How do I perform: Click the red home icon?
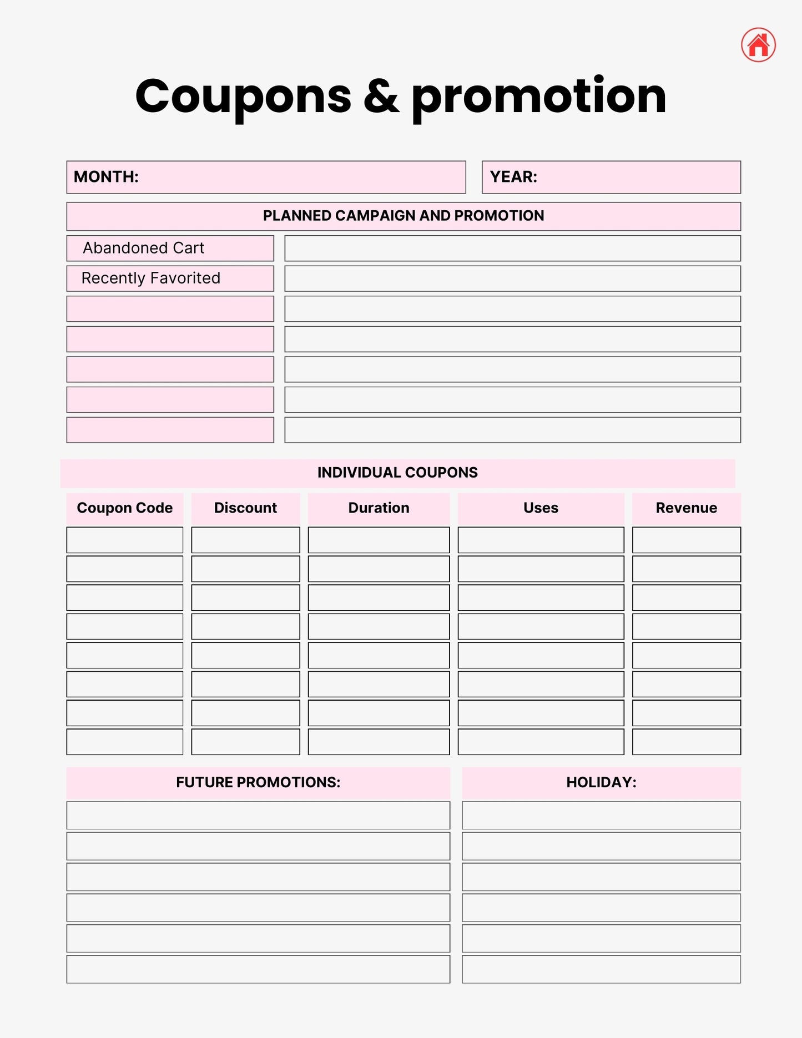click(x=758, y=45)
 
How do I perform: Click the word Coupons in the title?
click(x=243, y=97)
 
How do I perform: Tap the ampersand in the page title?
click(x=381, y=97)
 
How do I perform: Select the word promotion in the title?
click(x=538, y=97)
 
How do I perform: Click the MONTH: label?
click(x=106, y=177)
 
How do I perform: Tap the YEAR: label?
click(x=513, y=177)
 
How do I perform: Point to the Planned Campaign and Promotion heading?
click(x=403, y=216)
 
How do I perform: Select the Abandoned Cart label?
click(x=144, y=248)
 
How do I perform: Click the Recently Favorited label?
click(x=151, y=278)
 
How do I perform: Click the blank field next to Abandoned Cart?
click(x=512, y=248)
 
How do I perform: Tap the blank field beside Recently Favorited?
click(x=512, y=279)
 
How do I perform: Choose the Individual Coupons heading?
click(x=397, y=473)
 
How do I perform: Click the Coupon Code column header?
click(x=125, y=508)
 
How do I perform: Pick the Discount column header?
click(x=245, y=508)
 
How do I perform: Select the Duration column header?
click(x=379, y=508)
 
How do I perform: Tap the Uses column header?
click(x=541, y=508)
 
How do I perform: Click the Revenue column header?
click(x=686, y=508)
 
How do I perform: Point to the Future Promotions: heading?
click(x=258, y=782)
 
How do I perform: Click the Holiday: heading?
click(x=601, y=782)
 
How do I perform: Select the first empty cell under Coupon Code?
click(x=125, y=540)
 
